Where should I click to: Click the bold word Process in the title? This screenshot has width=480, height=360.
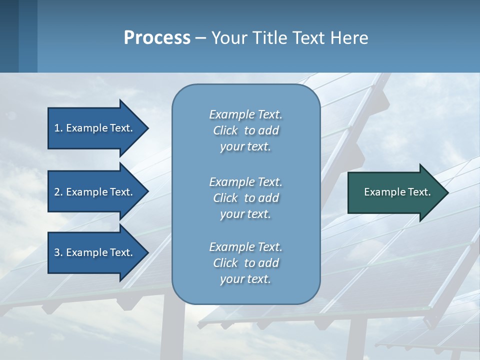pyautogui.click(x=157, y=38)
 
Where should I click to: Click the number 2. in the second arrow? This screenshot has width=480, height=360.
pyautogui.click(x=58, y=192)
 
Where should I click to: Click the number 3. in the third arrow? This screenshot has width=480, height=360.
pyautogui.click(x=58, y=252)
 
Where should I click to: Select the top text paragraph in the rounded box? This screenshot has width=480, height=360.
pyautogui.click(x=245, y=130)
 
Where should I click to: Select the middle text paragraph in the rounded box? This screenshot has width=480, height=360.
pyautogui.click(x=245, y=198)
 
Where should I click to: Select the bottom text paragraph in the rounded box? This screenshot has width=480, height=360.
pyautogui.click(x=245, y=263)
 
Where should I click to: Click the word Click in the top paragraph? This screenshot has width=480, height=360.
pyautogui.click(x=225, y=130)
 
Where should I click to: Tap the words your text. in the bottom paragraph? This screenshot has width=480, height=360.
pyautogui.click(x=245, y=279)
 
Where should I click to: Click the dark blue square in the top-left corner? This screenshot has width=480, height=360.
pyautogui.click(x=9, y=36)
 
